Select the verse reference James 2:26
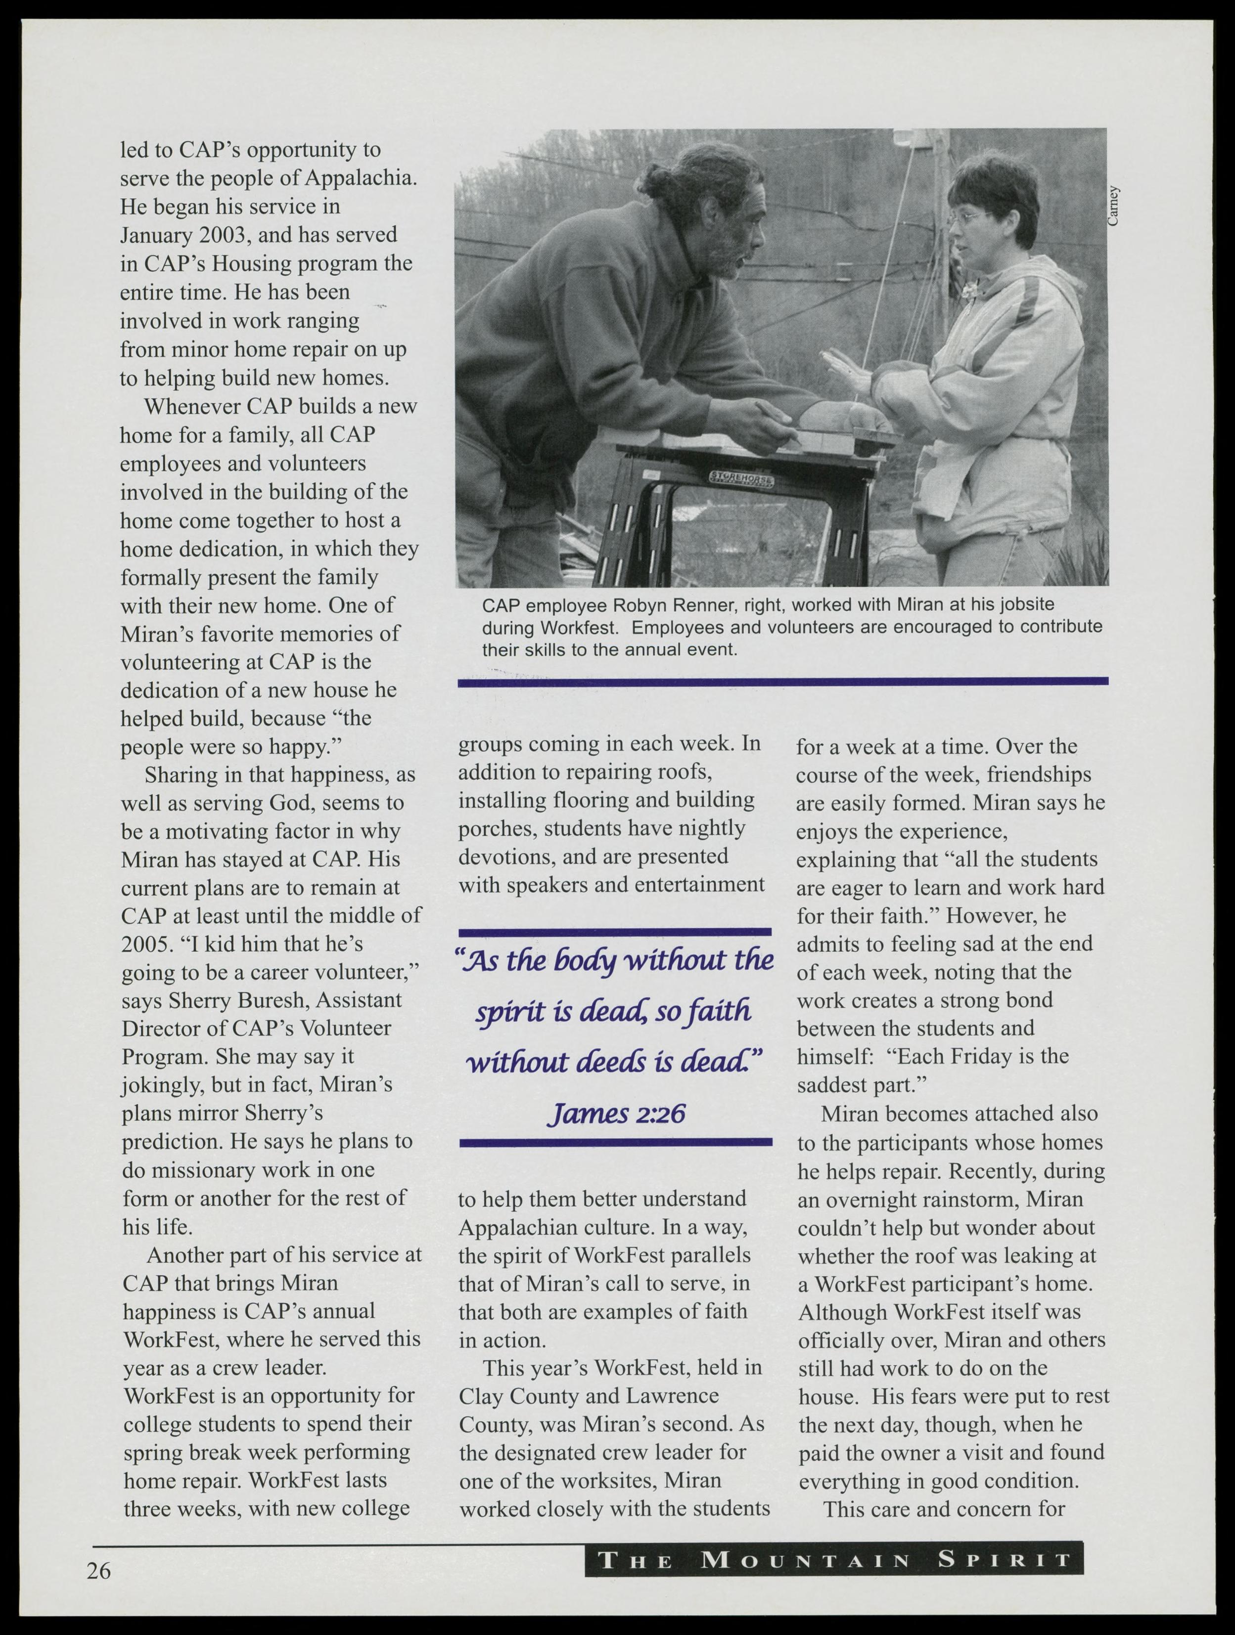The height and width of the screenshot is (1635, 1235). point(615,1113)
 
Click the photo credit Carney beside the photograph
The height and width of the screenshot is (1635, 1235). point(1114,206)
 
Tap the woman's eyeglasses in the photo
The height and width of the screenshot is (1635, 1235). point(966,219)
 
